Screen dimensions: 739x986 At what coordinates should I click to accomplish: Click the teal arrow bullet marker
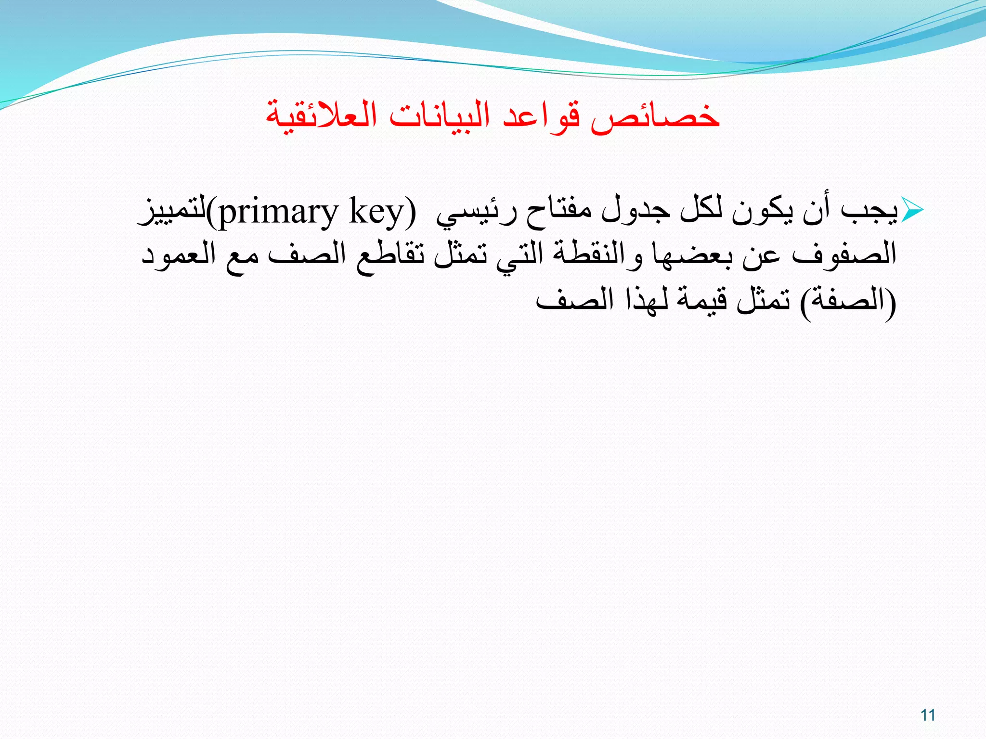tap(911, 210)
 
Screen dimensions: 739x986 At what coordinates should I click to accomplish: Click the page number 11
tap(928, 715)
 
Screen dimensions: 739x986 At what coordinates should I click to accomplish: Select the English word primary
tap(279, 212)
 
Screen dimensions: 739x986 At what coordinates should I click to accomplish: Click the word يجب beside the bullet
tap(869, 211)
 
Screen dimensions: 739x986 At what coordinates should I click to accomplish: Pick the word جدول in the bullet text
tap(636, 211)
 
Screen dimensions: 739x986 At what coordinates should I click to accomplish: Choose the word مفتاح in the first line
tap(558, 211)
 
